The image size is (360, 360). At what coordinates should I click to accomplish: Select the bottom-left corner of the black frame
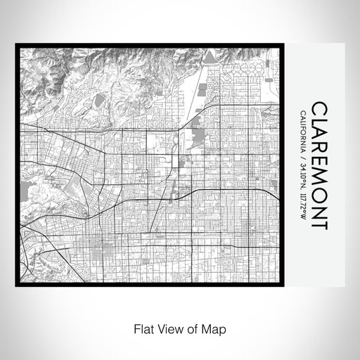(x=17, y=284)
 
